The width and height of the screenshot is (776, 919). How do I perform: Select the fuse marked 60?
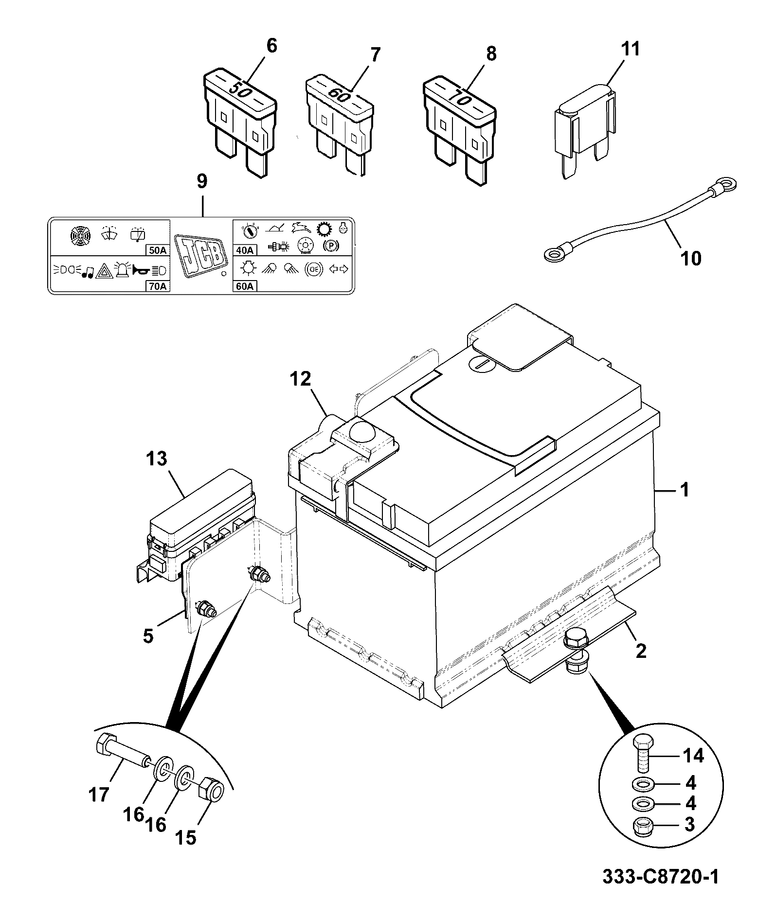[339, 124]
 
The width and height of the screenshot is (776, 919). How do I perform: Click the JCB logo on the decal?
[201, 256]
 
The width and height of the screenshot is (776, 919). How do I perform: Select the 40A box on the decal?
[245, 250]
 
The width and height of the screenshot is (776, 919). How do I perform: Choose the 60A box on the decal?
[245, 286]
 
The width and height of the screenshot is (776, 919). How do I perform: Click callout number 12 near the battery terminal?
[301, 379]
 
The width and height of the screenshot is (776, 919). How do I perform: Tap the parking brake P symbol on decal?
[331, 246]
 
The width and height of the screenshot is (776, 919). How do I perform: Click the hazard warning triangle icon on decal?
[104, 270]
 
